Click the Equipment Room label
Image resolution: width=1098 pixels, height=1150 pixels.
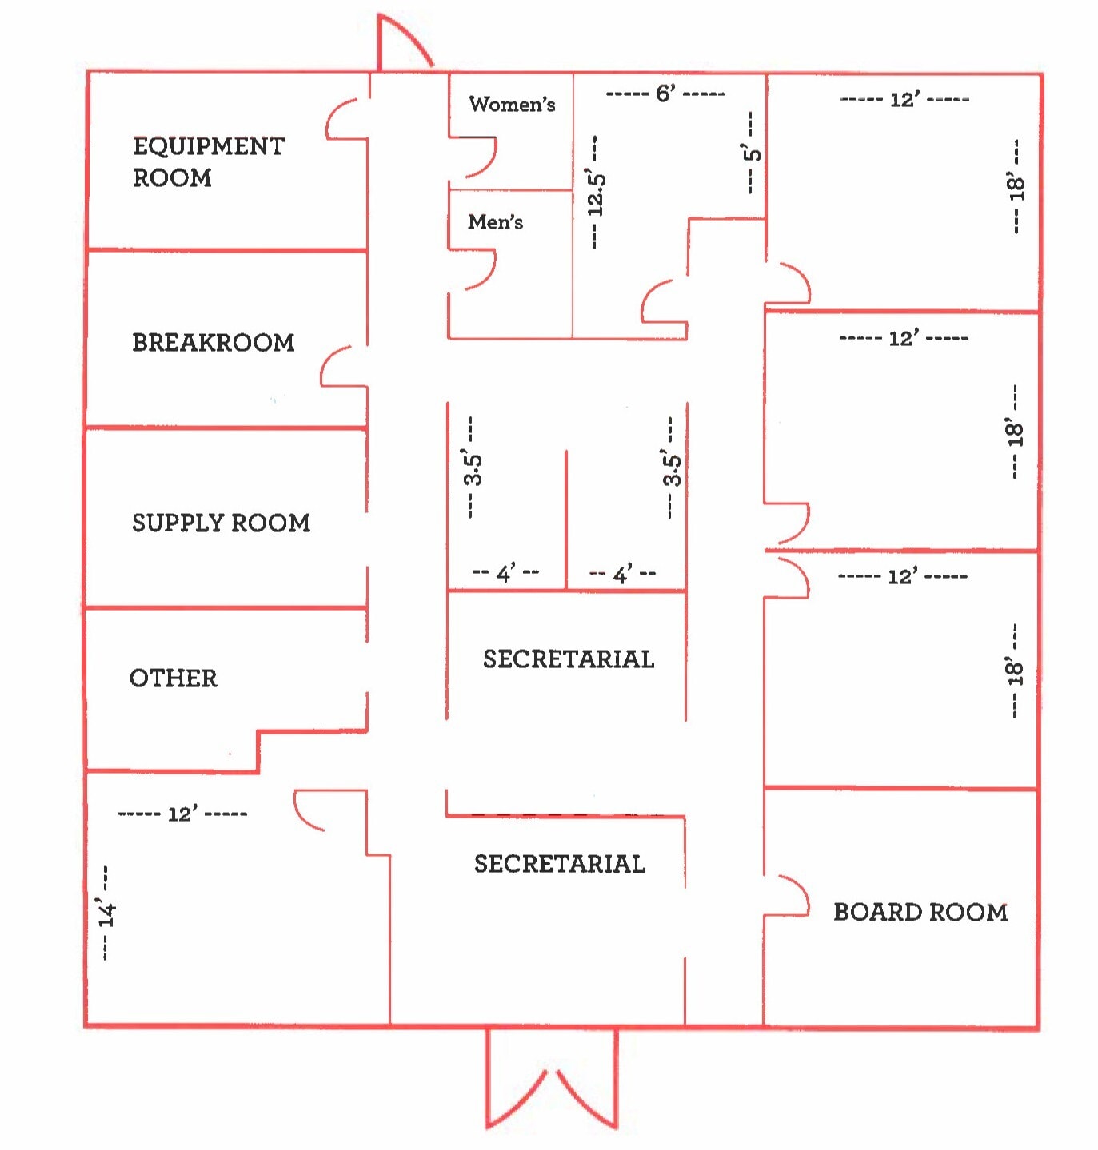pyautogui.click(x=208, y=161)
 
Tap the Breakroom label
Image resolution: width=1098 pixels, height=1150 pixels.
pyautogui.click(x=213, y=343)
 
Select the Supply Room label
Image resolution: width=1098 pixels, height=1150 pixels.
pyautogui.click(x=221, y=523)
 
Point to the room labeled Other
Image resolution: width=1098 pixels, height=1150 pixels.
pyautogui.click(x=174, y=678)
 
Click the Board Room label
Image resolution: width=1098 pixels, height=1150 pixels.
pyautogui.click(x=920, y=912)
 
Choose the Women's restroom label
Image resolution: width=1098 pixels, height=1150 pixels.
pyautogui.click(x=512, y=104)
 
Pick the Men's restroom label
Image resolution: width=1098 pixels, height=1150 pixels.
pyautogui.click(x=495, y=221)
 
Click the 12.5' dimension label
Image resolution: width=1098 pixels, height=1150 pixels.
pyautogui.click(x=596, y=193)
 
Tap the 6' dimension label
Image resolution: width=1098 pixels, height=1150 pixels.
pyautogui.click(x=665, y=94)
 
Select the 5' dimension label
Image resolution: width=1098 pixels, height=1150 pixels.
pyautogui.click(x=752, y=152)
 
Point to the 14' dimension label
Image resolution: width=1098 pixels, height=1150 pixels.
pyautogui.click(x=107, y=913)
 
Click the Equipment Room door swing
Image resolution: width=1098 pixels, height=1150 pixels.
pyautogui.click(x=346, y=120)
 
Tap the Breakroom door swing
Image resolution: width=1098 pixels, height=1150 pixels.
pyautogui.click(x=342, y=367)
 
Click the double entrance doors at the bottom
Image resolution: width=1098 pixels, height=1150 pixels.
pyautogui.click(x=552, y=1080)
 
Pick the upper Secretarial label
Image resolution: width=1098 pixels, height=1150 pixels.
pyautogui.click(x=569, y=659)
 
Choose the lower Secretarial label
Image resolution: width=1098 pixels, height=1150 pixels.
pyautogui.click(x=560, y=864)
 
